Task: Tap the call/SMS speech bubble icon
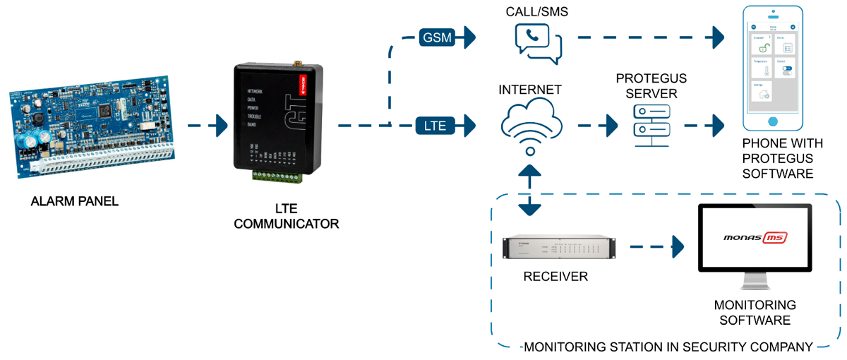click(539, 43)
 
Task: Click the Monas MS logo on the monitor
click(755, 238)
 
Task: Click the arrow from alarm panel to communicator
click(208, 127)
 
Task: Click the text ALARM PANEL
click(75, 201)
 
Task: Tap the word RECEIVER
click(555, 277)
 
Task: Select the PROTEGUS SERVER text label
click(651, 85)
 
